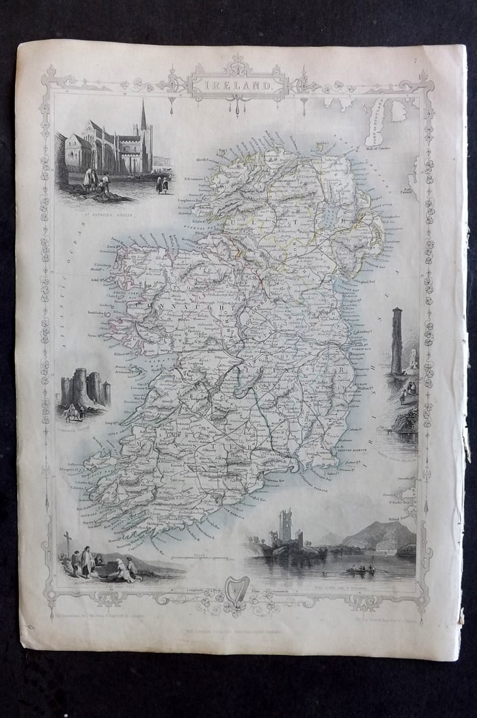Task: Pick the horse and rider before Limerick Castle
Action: (72, 410)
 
